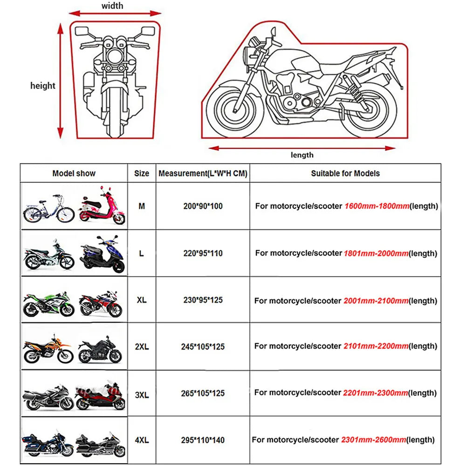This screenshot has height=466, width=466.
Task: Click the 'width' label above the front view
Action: [x=112, y=6]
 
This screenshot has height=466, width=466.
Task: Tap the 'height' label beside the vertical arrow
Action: [x=42, y=86]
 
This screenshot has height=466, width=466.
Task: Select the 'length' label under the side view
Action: [x=302, y=155]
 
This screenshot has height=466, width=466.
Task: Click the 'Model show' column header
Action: [x=74, y=173]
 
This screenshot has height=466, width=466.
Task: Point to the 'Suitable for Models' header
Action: [x=345, y=173]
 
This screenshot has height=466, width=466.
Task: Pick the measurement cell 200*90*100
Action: [x=203, y=206]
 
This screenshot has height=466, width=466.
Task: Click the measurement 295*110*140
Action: [x=203, y=439]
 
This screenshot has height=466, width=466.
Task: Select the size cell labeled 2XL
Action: [x=142, y=347]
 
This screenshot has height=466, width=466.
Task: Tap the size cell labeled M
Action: [x=142, y=206]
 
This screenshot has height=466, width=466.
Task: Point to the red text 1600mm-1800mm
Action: [x=377, y=206]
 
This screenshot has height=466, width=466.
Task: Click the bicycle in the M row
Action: [x=48, y=208]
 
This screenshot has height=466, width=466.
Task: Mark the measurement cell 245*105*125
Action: [x=203, y=346]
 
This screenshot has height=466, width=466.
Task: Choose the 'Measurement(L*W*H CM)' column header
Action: [x=203, y=173]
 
